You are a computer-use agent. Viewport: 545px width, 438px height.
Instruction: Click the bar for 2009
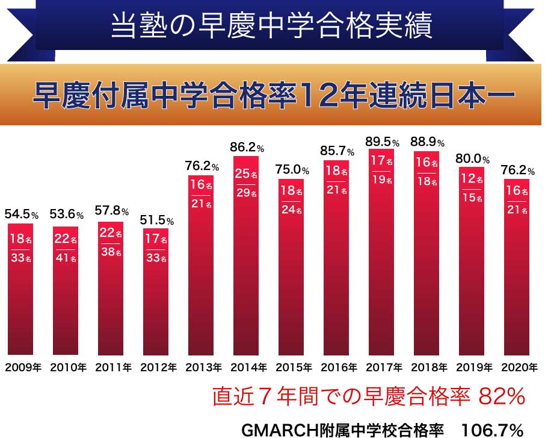click(25, 289)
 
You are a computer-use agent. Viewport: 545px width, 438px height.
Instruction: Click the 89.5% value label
click(383, 142)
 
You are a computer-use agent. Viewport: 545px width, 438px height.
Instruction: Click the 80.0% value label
click(473, 160)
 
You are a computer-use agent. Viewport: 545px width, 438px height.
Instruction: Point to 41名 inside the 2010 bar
click(66, 260)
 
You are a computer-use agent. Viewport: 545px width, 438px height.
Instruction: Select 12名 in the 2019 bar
click(472, 180)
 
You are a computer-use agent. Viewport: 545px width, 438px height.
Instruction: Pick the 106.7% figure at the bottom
click(491, 430)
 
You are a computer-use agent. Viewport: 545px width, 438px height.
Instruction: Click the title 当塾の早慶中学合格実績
click(272, 27)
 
